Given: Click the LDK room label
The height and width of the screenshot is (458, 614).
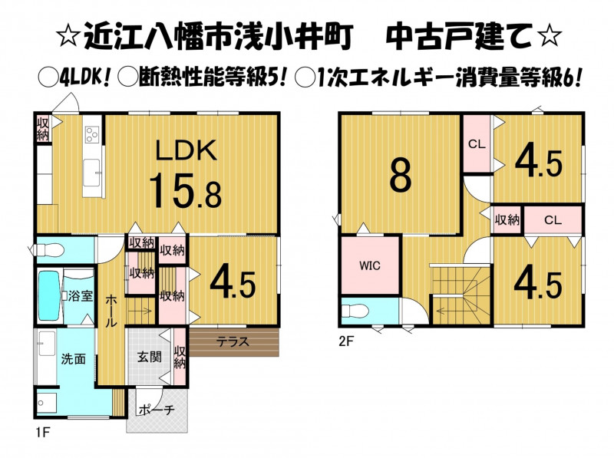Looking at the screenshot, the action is pyautogui.click(x=187, y=150).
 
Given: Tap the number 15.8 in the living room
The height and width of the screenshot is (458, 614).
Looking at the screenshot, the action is pyautogui.click(x=185, y=191).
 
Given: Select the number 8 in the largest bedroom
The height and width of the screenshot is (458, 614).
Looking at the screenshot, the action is pyautogui.click(x=400, y=176).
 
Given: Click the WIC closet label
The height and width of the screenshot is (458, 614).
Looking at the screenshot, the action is pyautogui.click(x=370, y=265).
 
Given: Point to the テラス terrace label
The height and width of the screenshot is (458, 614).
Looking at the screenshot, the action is pyautogui.click(x=233, y=341).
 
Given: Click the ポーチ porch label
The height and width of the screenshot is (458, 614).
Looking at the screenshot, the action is pyautogui.click(x=157, y=410).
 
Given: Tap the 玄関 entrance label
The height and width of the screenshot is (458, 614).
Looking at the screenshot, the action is pyautogui.click(x=149, y=357).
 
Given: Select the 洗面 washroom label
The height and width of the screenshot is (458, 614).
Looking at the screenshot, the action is pyautogui.click(x=73, y=358).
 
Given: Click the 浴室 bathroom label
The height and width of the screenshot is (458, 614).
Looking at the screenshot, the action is pyautogui.click(x=81, y=295).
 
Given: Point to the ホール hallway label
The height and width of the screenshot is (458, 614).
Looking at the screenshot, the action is pyautogui.click(x=111, y=311).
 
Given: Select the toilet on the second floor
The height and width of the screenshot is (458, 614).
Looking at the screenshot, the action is pyautogui.click(x=355, y=311).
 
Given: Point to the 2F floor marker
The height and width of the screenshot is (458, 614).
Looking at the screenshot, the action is pyautogui.click(x=346, y=341).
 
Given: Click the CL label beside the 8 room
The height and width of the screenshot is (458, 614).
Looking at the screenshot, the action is pyautogui.click(x=477, y=144).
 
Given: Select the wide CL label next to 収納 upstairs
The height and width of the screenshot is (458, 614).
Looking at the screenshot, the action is pyautogui.click(x=553, y=220).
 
